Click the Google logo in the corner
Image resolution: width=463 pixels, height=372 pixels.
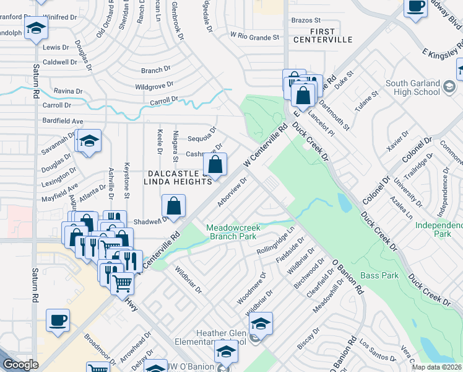click(x=20, y=365)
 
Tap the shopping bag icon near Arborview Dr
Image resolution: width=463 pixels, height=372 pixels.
click(x=215, y=166)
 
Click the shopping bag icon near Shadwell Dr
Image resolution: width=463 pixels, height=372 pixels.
click(x=174, y=206)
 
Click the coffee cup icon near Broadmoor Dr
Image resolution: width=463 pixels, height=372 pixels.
click(x=58, y=321)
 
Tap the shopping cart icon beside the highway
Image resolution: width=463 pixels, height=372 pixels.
click(x=122, y=283)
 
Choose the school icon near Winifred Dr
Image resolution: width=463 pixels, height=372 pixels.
click(x=37, y=28)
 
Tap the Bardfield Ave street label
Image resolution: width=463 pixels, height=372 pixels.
click(x=63, y=121)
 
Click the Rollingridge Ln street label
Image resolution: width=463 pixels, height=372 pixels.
click(x=277, y=242)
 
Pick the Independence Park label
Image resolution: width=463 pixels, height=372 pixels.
click(x=440, y=229)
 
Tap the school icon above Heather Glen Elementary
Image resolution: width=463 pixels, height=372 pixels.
click(x=261, y=324)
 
